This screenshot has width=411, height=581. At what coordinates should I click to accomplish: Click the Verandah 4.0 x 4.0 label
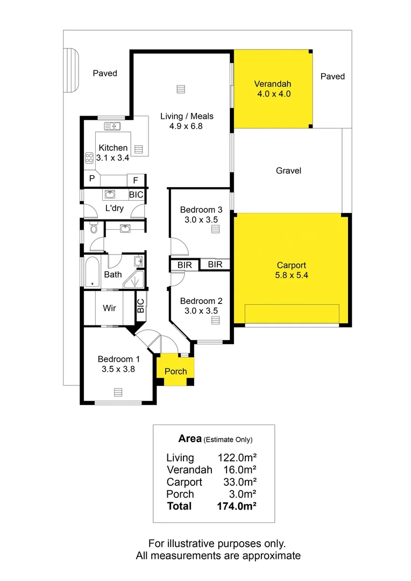[x=272, y=89]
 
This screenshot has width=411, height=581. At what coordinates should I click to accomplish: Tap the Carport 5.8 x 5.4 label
[x=292, y=270]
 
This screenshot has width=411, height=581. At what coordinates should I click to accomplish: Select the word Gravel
[x=288, y=171]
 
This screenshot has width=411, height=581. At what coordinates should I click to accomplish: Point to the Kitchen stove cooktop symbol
[x=89, y=158]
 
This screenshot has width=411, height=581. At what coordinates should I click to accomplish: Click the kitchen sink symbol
[x=112, y=126]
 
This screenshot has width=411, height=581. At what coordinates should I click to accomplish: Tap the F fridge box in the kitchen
[x=135, y=180]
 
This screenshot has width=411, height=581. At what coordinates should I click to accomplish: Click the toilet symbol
[x=94, y=229]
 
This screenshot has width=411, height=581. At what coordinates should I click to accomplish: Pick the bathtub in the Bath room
[x=92, y=272]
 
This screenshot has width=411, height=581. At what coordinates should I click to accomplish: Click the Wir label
[x=110, y=308]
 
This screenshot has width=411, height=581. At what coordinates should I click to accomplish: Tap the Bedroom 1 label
[x=118, y=359]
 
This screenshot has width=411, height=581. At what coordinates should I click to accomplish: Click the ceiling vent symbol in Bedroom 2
[x=215, y=321]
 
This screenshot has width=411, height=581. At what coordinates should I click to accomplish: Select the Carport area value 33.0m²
[x=239, y=482]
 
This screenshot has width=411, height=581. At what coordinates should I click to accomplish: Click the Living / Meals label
[x=187, y=116]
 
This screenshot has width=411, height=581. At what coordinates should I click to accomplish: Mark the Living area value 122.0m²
[x=237, y=458]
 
